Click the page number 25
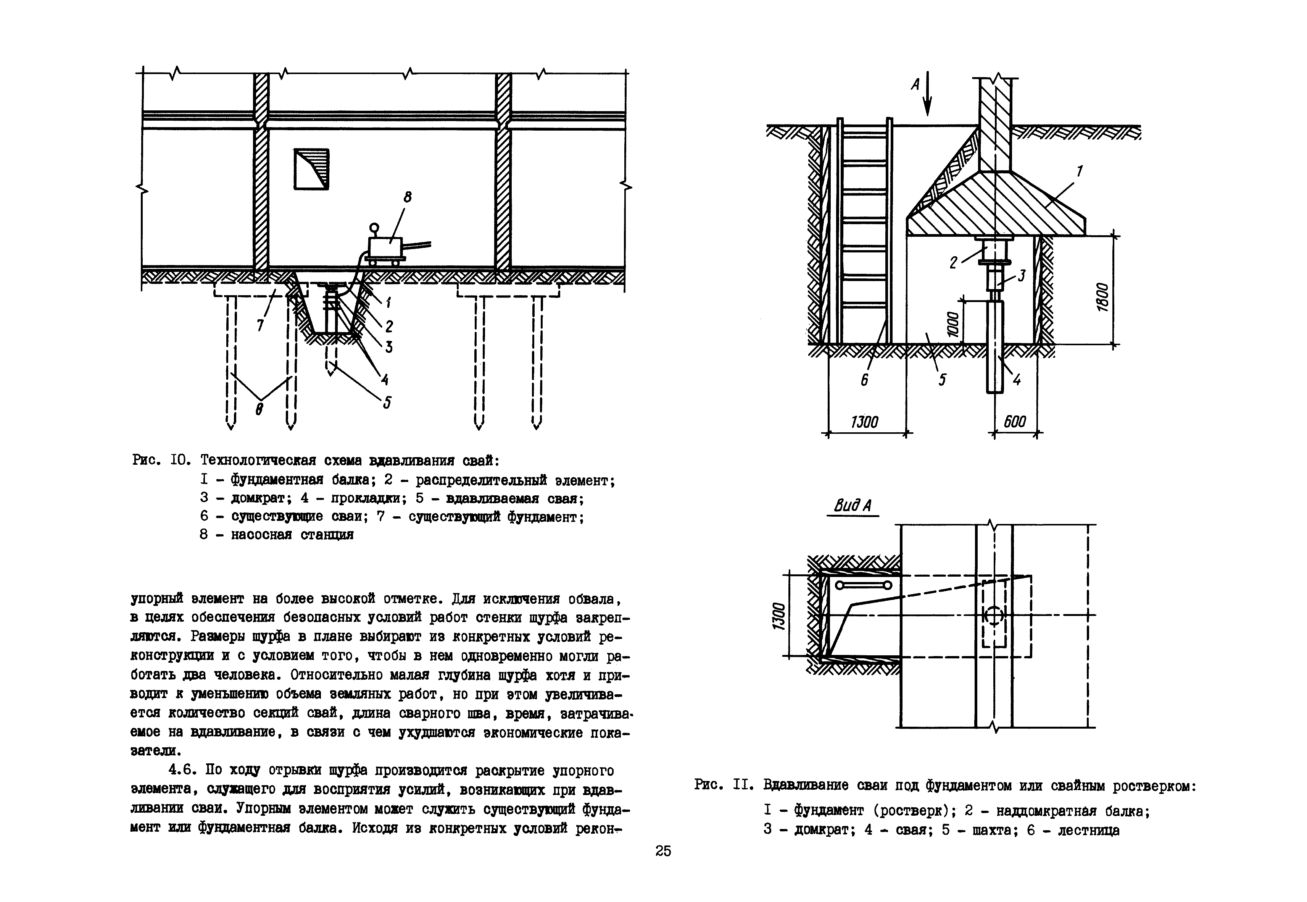663,851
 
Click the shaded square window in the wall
311,168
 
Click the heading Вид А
853,505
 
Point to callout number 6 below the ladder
864,380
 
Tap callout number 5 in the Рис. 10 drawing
387,403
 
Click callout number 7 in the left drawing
260,325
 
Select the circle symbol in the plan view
994,616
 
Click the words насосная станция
292,535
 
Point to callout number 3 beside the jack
1021,276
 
